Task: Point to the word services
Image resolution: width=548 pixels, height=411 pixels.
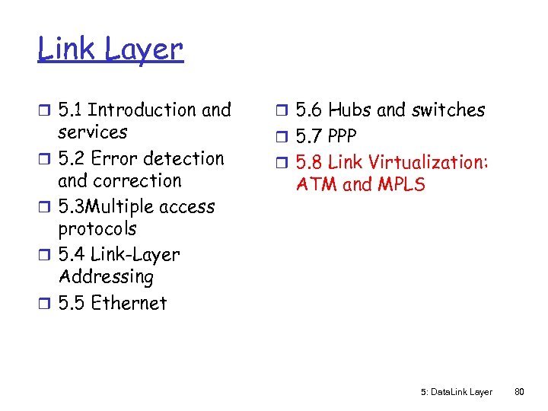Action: (x=93, y=132)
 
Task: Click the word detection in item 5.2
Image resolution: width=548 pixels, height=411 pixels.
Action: (x=184, y=159)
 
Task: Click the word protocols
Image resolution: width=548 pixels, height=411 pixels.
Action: (x=97, y=229)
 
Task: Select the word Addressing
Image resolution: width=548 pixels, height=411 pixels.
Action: (x=106, y=277)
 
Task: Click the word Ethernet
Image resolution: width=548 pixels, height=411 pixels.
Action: (x=129, y=303)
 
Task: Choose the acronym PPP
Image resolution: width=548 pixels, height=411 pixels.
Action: (x=342, y=137)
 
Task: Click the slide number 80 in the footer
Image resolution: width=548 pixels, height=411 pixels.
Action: (x=520, y=392)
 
